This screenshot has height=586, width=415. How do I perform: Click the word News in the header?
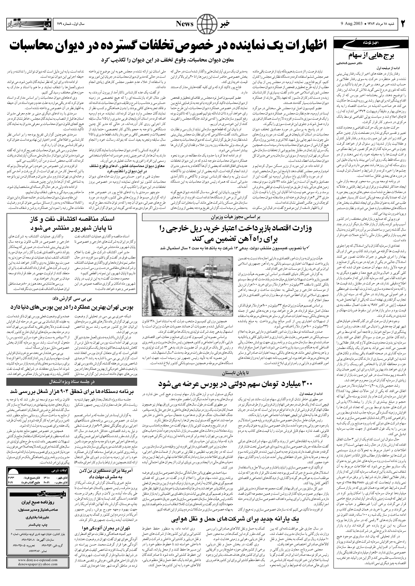(x=185, y=24)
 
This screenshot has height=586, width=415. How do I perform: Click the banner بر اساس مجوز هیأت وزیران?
(x=235, y=217)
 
